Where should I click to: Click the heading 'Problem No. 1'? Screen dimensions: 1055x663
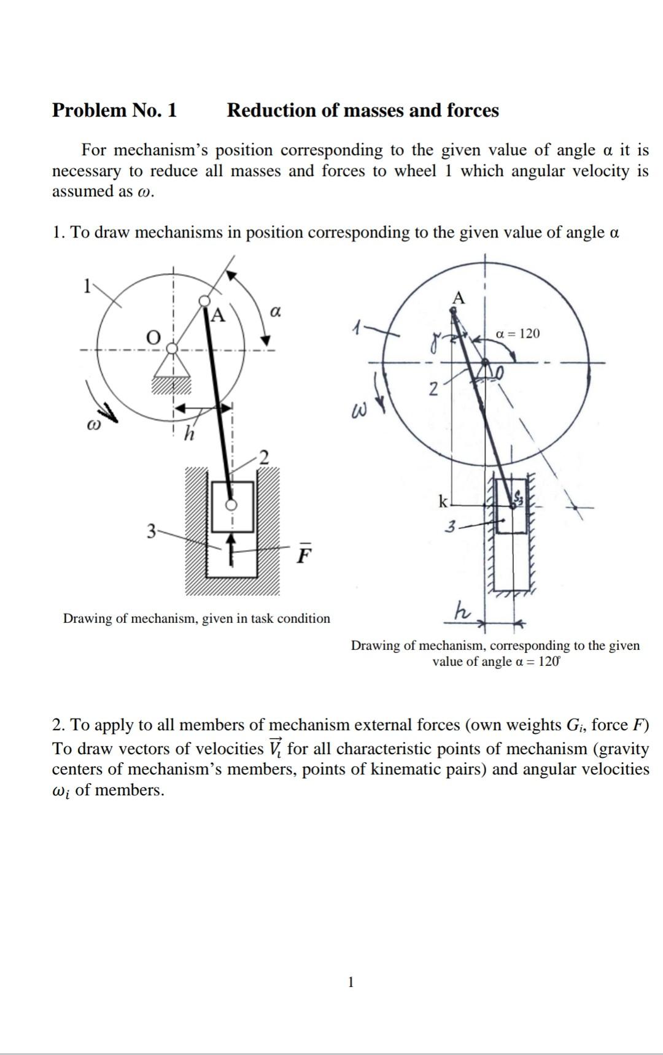coord(114,110)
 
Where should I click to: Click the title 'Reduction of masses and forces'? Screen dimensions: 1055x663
coord(363,110)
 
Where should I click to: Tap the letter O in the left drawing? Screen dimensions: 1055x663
coord(153,337)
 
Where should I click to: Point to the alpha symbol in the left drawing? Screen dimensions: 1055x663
coord(276,312)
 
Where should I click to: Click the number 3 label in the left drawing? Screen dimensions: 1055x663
coord(150,530)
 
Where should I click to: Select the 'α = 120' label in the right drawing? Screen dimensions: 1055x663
coord(518,334)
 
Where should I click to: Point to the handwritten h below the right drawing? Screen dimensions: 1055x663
coord(462,611)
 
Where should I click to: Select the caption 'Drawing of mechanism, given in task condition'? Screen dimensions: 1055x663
coord(196,618)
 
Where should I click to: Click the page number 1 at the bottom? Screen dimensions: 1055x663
coord(351,983)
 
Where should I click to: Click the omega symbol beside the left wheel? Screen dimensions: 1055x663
coord(93,424)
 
